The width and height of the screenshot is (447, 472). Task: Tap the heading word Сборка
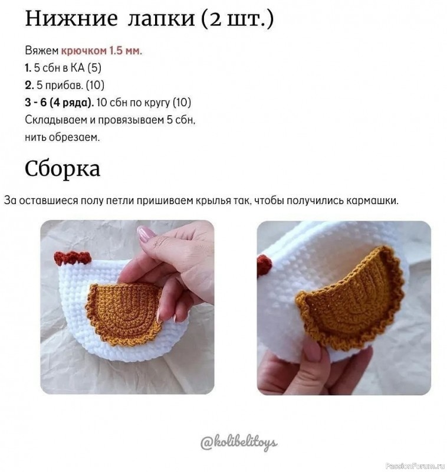[x=63, y=169]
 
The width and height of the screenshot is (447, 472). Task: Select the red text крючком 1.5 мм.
[x=101, y=51]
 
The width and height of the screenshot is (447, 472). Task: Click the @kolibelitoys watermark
[x=238, y=442]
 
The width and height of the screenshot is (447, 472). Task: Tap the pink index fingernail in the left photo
[x=146, y=234]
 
